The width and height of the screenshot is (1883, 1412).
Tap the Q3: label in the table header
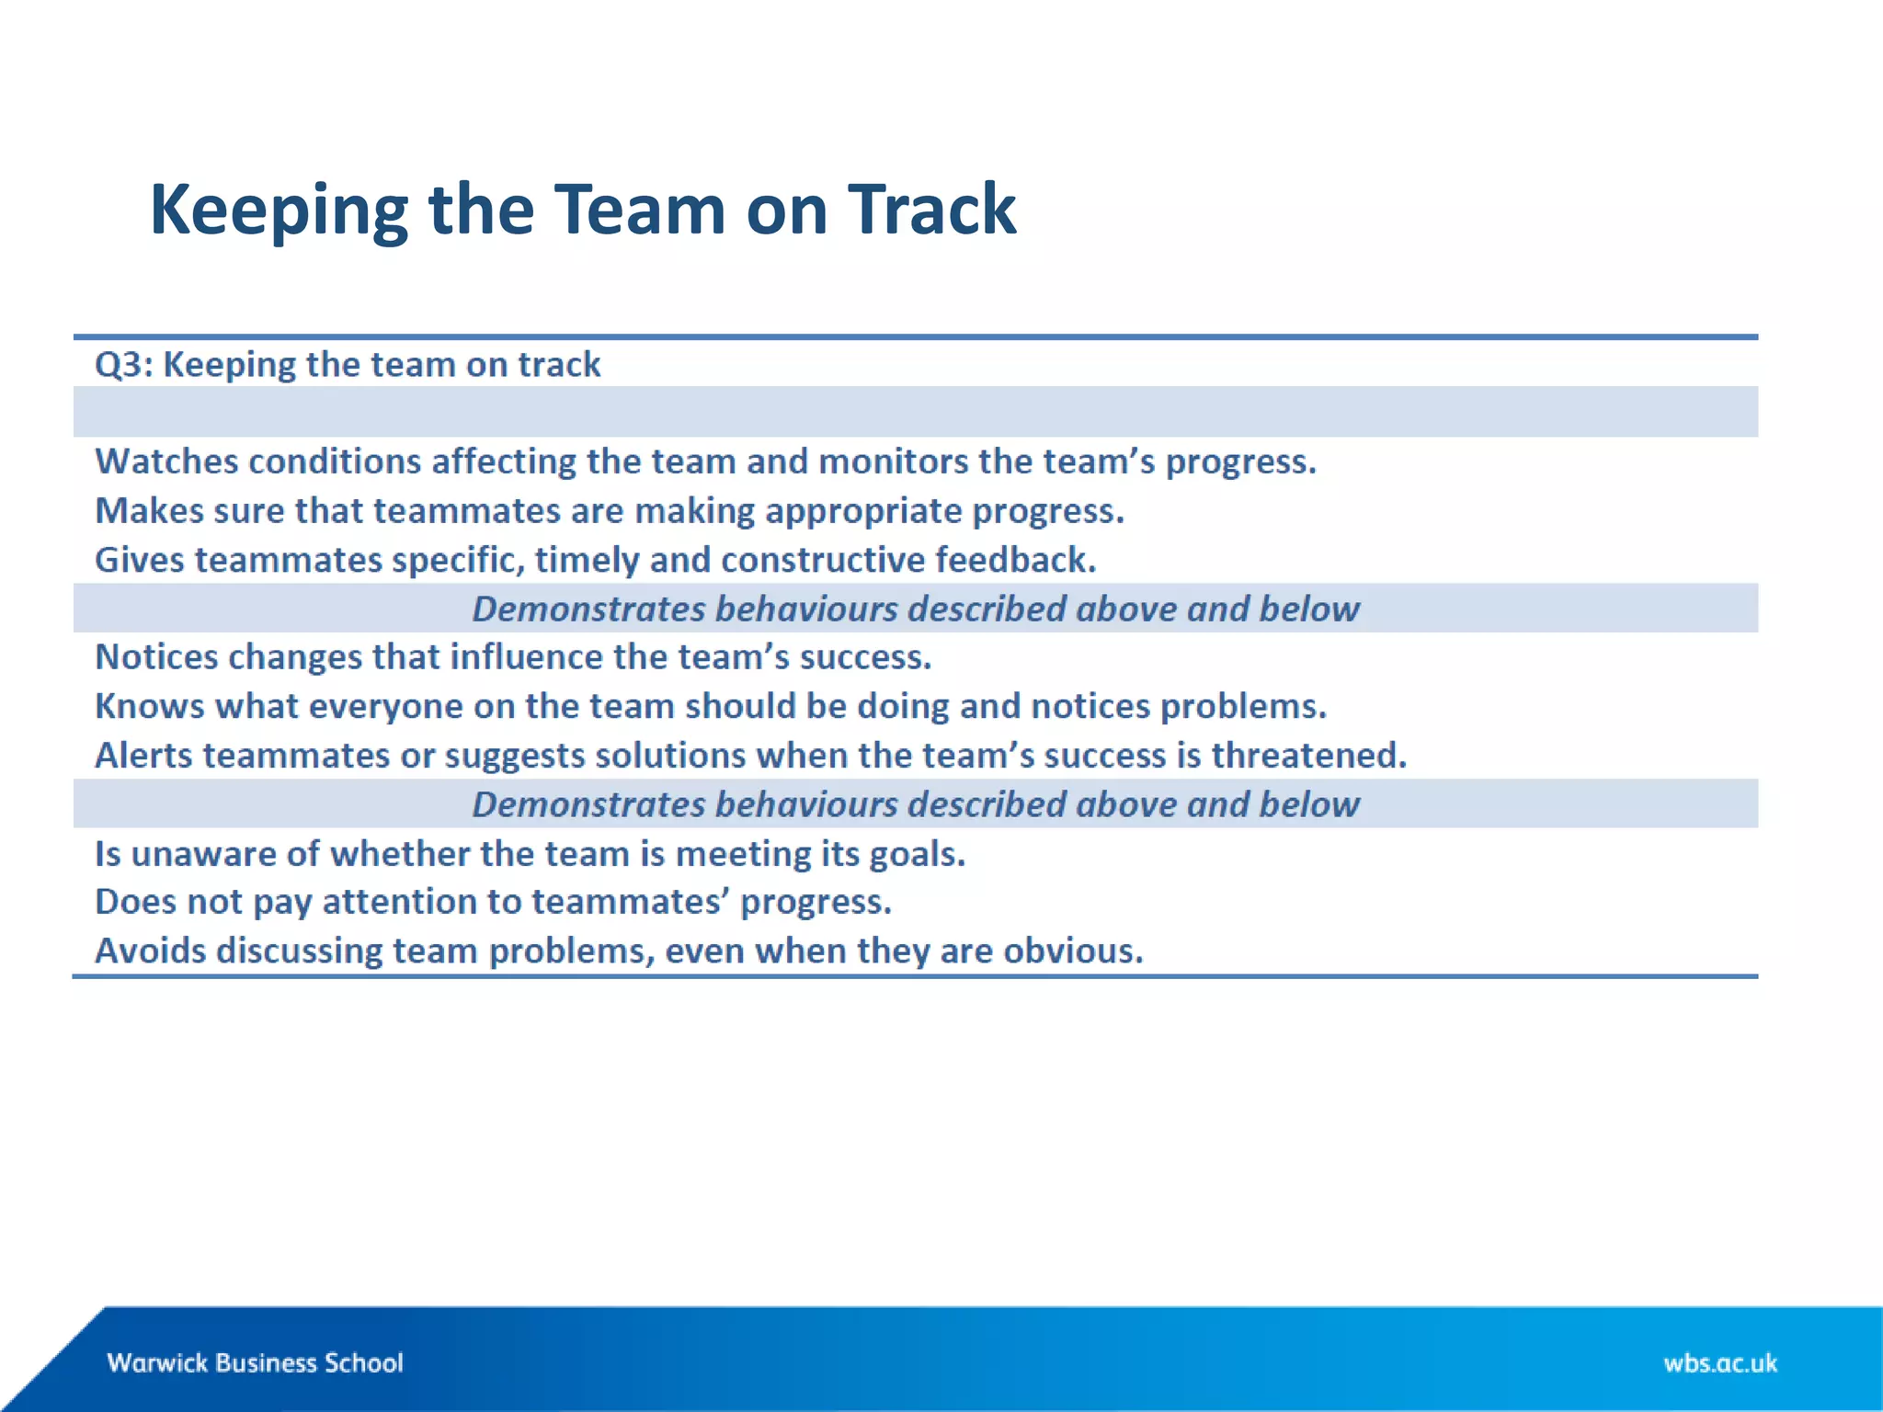click(124, 365)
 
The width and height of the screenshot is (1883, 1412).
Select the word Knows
click(150, 706)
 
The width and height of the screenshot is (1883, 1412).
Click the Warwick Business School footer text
click(255, 1362)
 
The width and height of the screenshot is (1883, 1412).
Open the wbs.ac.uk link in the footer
click(1719, 1362)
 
